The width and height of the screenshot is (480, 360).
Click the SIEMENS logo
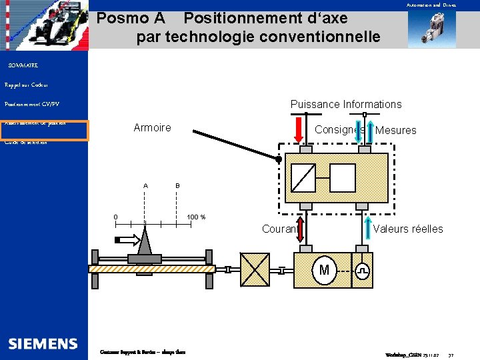[x=43, y=343]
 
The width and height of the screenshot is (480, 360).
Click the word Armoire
[x=152, y=127]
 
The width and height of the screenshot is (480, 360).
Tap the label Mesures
[x=395, y=131]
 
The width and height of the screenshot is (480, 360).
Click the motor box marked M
[x=324, y=270]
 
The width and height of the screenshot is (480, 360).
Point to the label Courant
[x=279, y=229]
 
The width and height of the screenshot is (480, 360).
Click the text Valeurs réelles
[x=408, y=229]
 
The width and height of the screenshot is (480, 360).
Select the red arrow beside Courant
[x=300, y=229]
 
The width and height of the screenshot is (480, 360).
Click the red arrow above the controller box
[x=300, y=128]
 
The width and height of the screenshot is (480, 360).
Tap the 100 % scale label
[x=196, y=217]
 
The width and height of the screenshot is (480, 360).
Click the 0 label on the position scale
[x=115, y=217]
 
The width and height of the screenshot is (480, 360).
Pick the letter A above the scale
[x=145, y=185]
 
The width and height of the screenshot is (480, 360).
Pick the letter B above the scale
[x=177, y=185]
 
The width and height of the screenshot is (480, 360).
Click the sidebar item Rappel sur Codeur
[x=27, y=85]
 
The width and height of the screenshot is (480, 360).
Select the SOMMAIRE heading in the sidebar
[x=23, y=65]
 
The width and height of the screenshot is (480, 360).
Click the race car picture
[x=43, y=25]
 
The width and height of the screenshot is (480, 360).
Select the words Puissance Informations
[x=346, y=104]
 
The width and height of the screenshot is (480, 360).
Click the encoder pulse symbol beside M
[x=362, y=271]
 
